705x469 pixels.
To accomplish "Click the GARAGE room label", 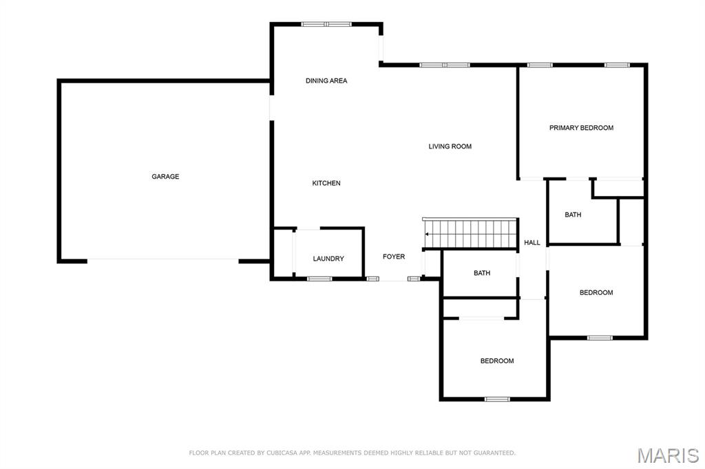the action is coord(165,177).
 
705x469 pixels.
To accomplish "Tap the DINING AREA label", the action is coord(326,81).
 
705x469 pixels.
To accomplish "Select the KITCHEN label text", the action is coord(326,184).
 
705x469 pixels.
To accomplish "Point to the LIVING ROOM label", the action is coord(450,146).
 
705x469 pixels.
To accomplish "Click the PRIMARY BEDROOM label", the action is coord(581,128).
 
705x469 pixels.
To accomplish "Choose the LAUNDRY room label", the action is coord(328,259).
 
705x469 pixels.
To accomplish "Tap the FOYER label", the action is coord(394,257).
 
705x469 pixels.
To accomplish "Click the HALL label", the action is coord(532,243).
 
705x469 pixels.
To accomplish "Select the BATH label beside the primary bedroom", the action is coord(573,215).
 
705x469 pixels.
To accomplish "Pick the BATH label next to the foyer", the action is coord(482,273).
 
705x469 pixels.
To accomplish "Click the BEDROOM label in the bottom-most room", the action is coord(497,361).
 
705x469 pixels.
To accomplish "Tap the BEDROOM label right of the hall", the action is coord(596,292).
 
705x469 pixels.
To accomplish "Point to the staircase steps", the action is coord(470,233).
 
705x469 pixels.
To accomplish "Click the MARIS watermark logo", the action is coord(668,455).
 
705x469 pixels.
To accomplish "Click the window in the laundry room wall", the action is coord(319,279).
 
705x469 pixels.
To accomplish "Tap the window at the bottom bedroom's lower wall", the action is coord(497,399).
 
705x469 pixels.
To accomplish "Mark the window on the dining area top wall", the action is coord(326,24).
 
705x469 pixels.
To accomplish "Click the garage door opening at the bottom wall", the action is coord(162,260).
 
